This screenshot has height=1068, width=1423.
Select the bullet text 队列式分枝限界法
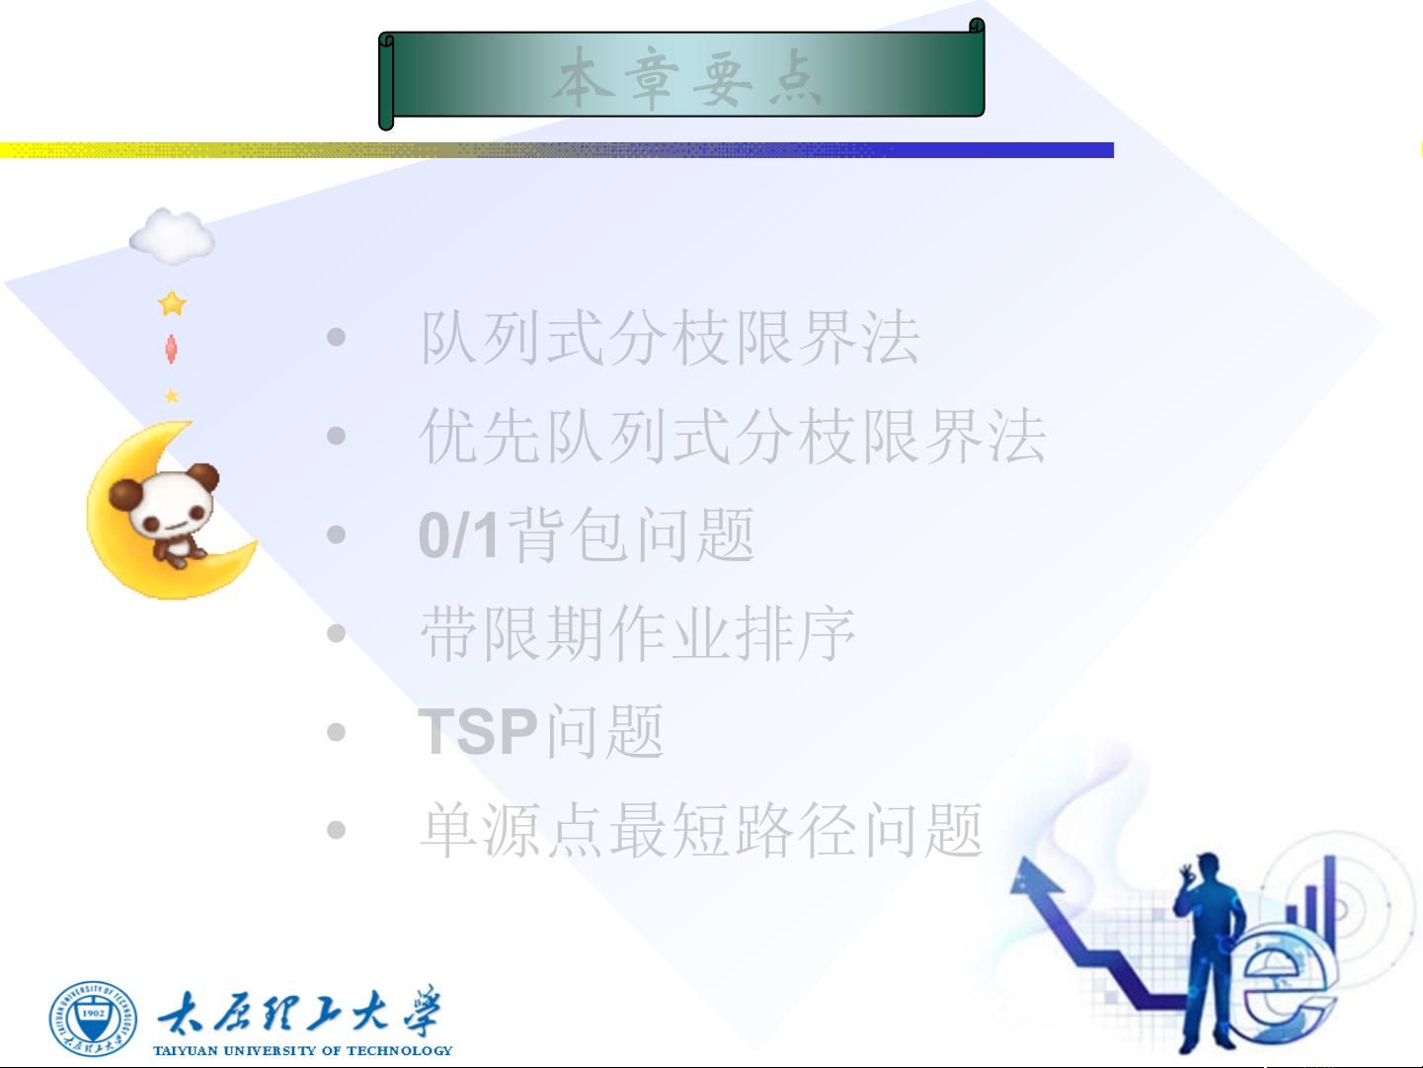point(671,337)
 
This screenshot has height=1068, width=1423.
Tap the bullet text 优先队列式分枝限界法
point(733,436)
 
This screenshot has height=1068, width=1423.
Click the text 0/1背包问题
point(587,534)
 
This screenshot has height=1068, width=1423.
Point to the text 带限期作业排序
point(638,633)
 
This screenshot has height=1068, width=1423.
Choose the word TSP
point(478,731)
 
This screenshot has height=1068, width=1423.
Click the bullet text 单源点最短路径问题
point(701,830)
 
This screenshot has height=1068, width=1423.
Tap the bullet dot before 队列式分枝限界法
point(336,337)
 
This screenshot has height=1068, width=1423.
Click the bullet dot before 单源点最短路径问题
point(336,829)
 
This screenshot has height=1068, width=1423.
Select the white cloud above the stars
point(172,237)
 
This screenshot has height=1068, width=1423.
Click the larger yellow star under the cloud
point(173,303)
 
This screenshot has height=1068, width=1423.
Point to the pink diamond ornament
point(171,349)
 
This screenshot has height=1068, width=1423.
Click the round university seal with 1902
point(94,1018)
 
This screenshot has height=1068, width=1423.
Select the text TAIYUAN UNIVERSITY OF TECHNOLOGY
point(303,1050)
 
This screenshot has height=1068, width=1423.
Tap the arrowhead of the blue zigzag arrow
point(1033,875)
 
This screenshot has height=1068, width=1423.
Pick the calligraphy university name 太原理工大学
point(299,1013)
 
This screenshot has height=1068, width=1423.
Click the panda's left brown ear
point(123,494)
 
